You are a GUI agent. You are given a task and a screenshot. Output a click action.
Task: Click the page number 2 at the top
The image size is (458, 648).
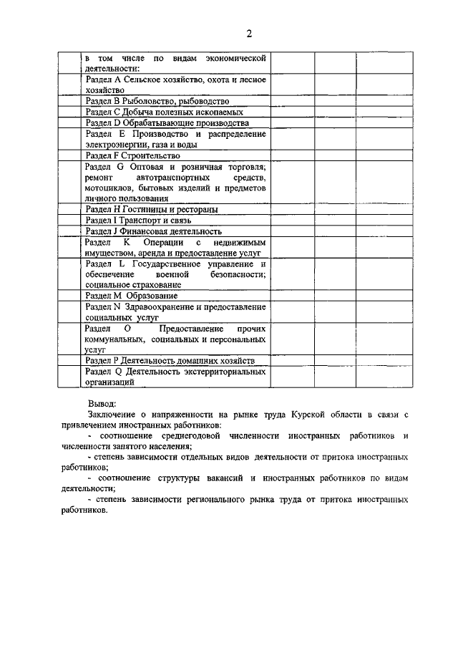click(249, 34)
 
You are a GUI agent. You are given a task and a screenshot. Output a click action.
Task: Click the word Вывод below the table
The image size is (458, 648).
click(101, 403)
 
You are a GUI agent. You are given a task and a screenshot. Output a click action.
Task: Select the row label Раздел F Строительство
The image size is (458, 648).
click(132, 155)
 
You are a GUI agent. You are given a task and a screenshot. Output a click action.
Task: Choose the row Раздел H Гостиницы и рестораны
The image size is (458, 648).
click(151, 209)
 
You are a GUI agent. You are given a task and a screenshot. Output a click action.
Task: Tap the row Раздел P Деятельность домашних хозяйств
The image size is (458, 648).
click(169, 361)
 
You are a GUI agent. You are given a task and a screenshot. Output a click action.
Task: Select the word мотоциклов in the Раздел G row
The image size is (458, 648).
click(107, 188)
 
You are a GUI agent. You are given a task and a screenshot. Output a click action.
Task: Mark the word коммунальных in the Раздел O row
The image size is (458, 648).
click(114, 339)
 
